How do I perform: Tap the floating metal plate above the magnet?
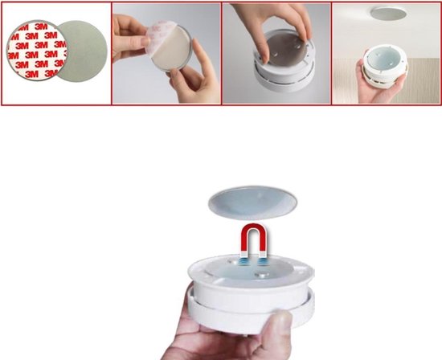[x=252, y=202]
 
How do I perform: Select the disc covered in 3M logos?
[x=37, y=50]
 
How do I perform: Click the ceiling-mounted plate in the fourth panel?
[x=388, y=13]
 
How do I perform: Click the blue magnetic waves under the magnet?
[x=253, y=262]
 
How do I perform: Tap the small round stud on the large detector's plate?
[x=260, y=274]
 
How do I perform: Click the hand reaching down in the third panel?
[x=275, y=27]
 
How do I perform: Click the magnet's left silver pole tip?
[x=244, y=254]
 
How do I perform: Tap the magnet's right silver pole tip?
[x=263, y=254]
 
